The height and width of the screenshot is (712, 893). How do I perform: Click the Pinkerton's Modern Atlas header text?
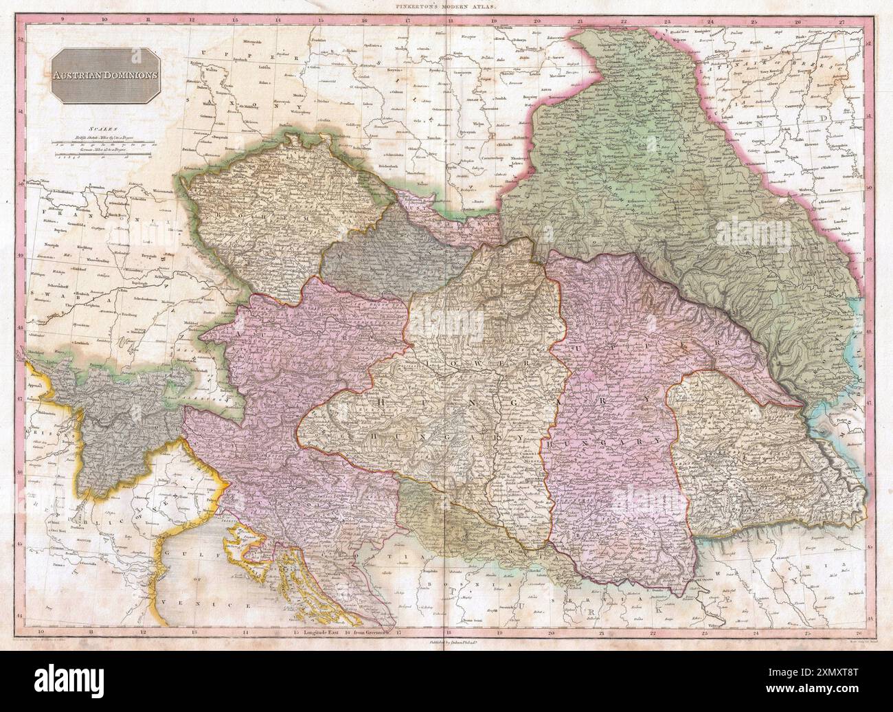pyautogui.click(x=447, y=5)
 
